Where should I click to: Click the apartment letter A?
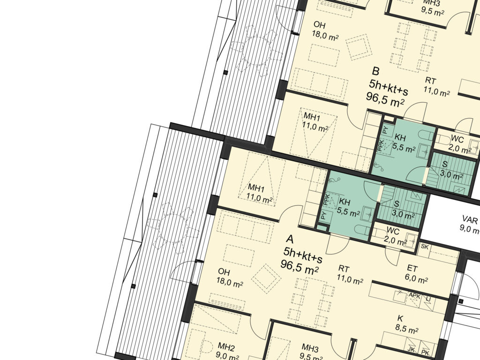click(x=290, y=239)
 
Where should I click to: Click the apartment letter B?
click(x=375, y=71)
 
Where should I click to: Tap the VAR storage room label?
click(x=470, y=219)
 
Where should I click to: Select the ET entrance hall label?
click(x=412, y=269)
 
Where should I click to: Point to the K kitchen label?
click(x=400, y=319)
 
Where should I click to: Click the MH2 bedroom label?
click(x=226, y=347)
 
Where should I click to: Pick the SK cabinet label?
click(x=425, y=247)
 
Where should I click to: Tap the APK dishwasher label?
click(x=415, y=295)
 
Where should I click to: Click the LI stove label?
click(x=428, y=298)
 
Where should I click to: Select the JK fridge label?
click(x=411, y=349)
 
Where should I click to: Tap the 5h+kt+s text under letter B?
click(x=389, y=87)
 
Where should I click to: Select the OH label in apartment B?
click(x=319, y=25)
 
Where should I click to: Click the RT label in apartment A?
click(x=344, y=269)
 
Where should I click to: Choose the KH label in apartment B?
click(x=400, y=137)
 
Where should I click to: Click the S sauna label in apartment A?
click(x=397, y=204)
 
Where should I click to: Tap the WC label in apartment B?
click(x=457, y=139)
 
